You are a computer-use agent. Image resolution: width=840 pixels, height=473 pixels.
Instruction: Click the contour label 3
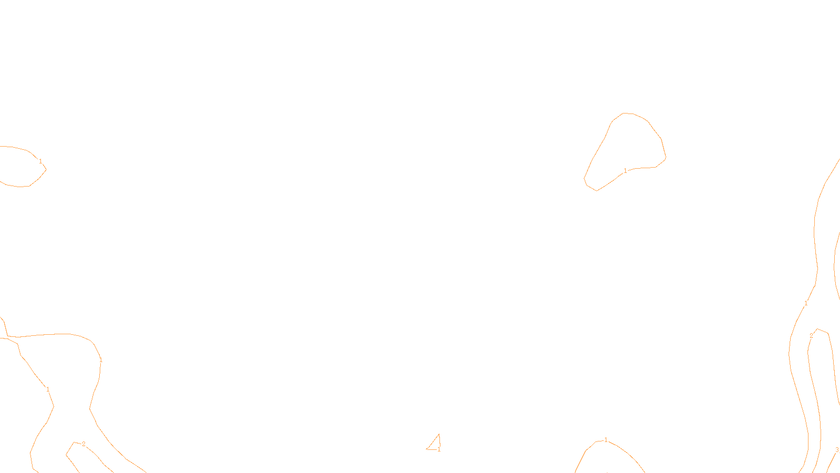point(837,450)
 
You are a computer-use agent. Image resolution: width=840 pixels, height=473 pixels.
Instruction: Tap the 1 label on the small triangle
point(439,449)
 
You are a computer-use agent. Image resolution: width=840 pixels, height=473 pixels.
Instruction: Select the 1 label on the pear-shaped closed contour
point(625,171)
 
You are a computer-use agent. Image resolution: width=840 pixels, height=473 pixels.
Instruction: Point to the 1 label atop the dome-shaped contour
point(606,440)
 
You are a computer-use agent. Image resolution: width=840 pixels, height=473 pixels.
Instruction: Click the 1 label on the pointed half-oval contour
point(40,161)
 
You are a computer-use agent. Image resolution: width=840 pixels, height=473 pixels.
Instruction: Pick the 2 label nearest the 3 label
point(811,336)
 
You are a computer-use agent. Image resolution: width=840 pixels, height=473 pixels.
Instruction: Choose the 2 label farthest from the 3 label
point(83,444)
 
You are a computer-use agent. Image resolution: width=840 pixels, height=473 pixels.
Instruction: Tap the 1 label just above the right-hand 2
point(806,303)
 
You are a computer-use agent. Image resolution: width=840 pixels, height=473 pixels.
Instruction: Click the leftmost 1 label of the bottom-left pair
point(48,389)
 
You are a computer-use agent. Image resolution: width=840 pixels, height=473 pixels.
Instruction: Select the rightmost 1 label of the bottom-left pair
point(100,361)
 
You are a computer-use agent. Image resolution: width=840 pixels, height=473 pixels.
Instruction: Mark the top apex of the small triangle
point(439,434)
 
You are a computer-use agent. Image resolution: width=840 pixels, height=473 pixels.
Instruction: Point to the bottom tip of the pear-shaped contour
point(596,191)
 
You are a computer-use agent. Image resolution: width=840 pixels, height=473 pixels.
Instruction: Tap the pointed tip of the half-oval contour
point(46,170)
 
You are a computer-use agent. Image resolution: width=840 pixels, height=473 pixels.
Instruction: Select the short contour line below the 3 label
point(831,463)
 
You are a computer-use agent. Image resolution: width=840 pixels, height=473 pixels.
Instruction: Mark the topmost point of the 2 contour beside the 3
point(817,329)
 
